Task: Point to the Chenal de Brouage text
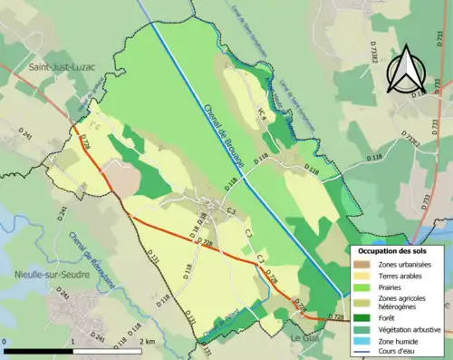(x=230, y=130)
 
